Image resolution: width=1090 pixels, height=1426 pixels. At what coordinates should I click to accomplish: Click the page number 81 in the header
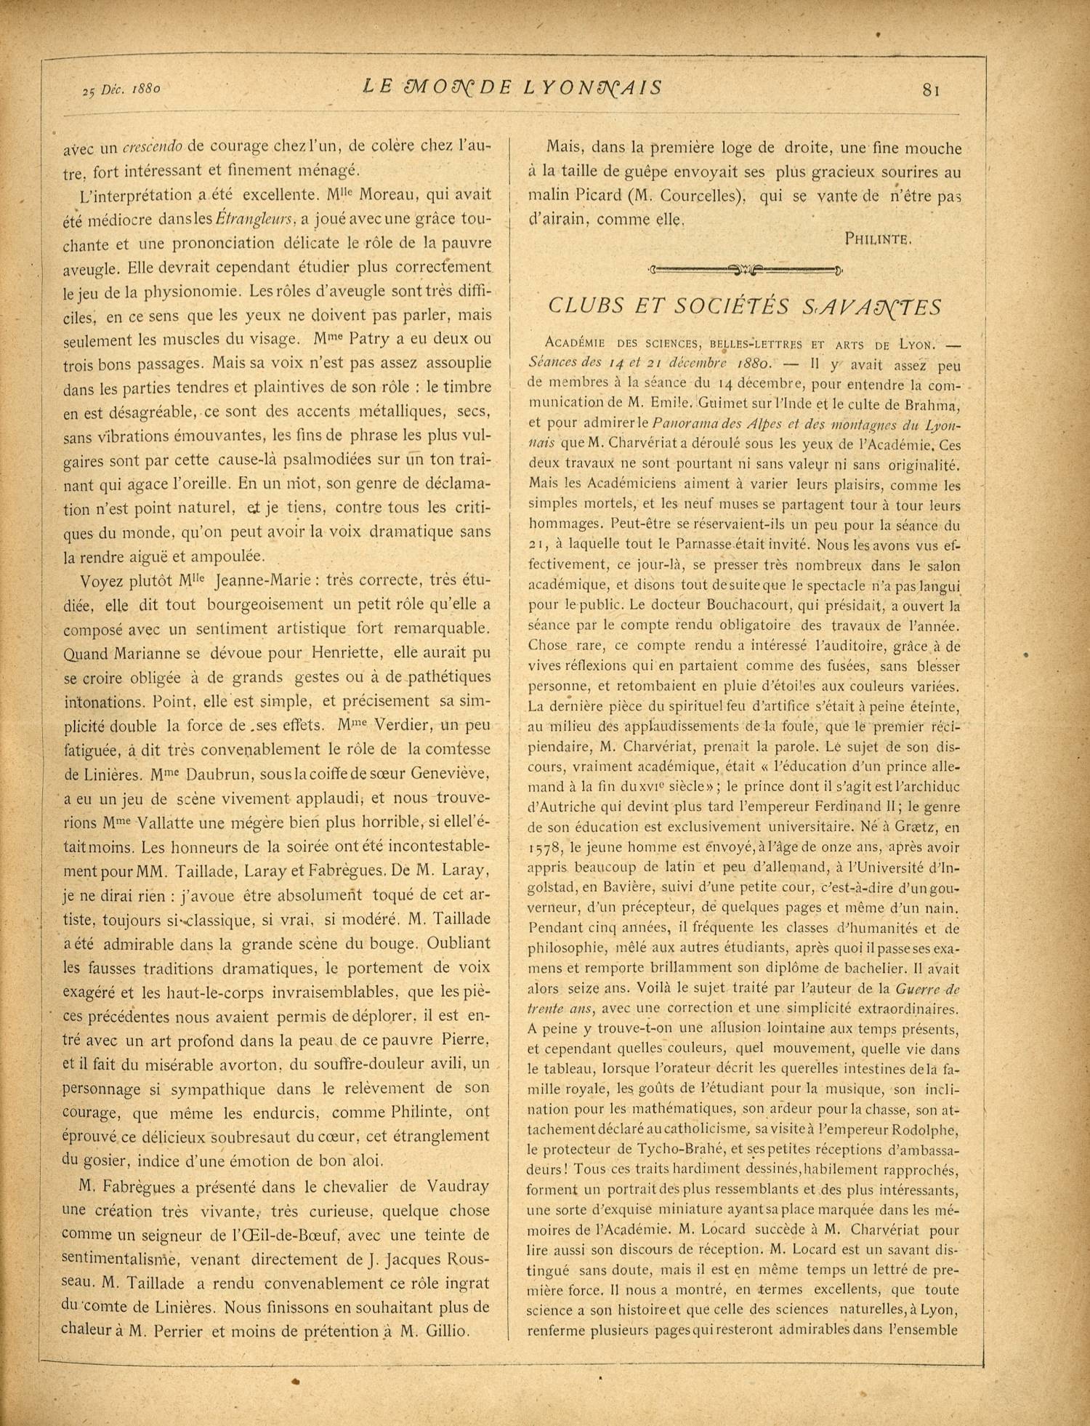coord(931,90)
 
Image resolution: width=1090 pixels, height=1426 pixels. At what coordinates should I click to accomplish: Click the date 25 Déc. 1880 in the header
coord(121,90)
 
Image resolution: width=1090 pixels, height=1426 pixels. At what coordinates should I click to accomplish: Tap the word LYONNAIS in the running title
coord(593,88)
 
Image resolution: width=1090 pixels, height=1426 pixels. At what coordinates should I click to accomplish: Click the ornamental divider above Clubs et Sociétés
coord(745,271)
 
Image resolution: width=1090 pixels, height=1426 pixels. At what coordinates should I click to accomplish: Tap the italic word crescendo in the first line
coord(152,147)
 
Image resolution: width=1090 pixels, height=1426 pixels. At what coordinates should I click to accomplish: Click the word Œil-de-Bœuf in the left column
coord(278,1235)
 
